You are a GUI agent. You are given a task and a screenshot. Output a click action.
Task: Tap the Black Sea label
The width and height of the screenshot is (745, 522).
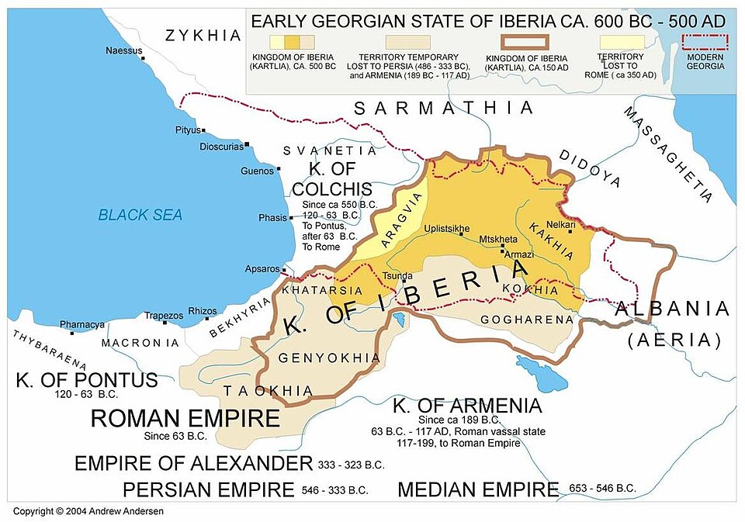tap(140, 215)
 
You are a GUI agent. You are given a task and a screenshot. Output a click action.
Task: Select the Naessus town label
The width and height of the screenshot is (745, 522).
tap(124, 51)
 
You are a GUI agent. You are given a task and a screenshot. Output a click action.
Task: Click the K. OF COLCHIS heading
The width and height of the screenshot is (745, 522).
tap(331, 178)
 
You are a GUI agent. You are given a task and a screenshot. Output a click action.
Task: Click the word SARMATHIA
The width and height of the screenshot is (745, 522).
tap(444, 108)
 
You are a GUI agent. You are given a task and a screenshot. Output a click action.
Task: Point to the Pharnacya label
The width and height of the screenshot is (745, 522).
tap(82, 324)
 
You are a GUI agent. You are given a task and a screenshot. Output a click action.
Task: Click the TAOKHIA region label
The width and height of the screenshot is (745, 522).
tap(259, 391)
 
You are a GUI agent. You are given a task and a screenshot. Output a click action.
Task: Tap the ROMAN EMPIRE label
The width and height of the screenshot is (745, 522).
tap(185, 419)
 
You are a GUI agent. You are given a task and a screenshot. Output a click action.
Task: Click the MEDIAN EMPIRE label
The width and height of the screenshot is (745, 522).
tap(478, 489)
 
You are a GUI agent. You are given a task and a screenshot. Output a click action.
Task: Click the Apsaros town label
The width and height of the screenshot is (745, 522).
tap(262, 268)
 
